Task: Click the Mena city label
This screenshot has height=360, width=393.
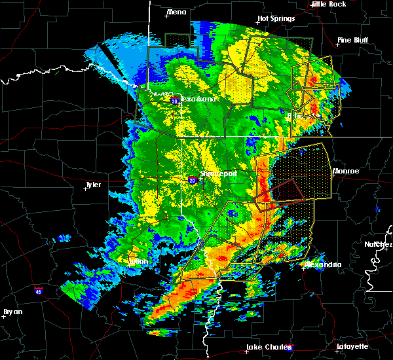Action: click(176, 12)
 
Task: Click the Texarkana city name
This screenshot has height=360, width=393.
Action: click(197, 99)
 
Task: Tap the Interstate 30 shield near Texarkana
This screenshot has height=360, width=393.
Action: click(174, 101)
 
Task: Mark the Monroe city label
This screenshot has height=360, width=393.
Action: click(345, 171)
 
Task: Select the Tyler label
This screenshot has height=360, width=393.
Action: click(94, 185)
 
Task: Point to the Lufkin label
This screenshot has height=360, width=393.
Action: click(138, 261)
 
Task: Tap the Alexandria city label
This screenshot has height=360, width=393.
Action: click(323, 264)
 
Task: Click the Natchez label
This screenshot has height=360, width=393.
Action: click(379, 244)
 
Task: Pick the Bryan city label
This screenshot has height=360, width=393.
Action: click(13, 312)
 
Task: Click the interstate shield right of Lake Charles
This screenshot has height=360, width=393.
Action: click(290, 349)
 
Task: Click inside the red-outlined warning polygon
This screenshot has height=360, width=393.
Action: click(284, 193)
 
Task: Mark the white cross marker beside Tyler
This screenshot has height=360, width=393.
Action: click(86, 188)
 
